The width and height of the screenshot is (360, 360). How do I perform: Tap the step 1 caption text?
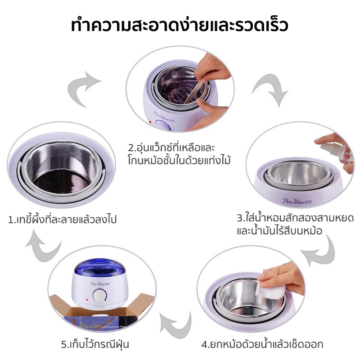coord(62,220)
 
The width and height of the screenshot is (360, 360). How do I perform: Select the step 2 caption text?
coord(179,154)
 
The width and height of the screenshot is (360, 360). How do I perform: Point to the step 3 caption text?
coord(295,224)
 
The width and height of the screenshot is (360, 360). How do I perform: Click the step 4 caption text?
coord(262,344)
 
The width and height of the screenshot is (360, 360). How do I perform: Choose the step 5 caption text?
coord(95,344)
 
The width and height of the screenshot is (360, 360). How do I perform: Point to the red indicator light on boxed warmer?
coord(87,299)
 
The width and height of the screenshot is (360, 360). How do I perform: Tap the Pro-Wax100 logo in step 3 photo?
coord(297,201)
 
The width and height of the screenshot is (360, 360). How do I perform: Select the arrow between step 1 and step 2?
coord(83,88)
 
